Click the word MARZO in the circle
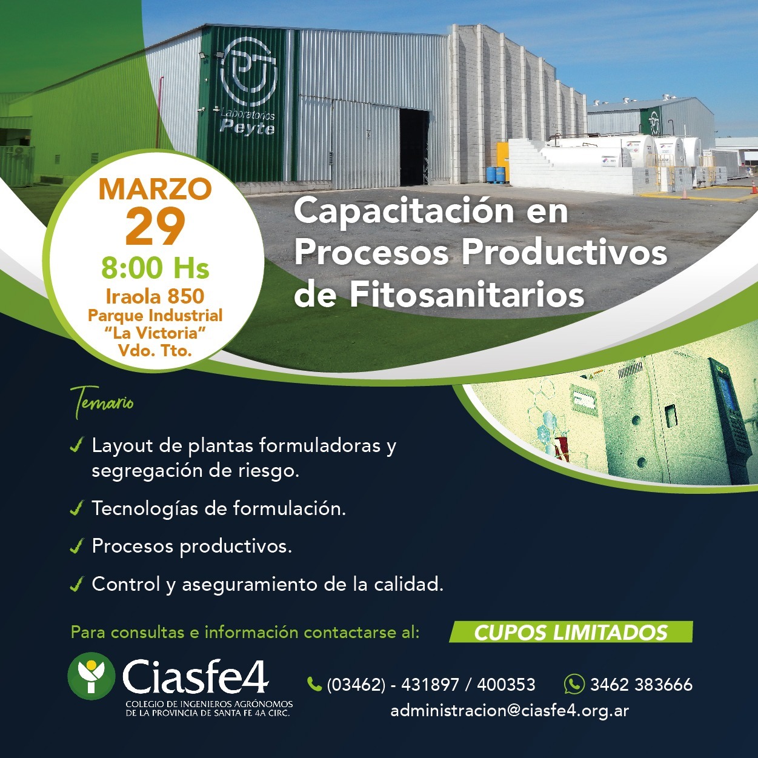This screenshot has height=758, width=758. pos(155,189)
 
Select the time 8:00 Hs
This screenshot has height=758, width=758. pos(155,268)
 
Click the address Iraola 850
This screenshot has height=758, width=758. pos(155,296)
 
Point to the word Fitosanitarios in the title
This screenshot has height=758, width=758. pos(467,294)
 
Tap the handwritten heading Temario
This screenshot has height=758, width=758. pos(101,402)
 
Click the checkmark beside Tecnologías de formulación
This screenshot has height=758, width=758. pos(76,508)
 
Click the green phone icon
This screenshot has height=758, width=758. pos(314,684)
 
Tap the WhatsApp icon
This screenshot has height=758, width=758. pos(574,683)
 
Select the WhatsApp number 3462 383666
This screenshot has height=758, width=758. pos(641,685)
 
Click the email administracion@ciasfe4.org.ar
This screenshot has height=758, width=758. pos(510,711)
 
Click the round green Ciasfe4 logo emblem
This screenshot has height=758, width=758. pos(91,676)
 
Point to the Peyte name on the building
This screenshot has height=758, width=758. pos(247,128)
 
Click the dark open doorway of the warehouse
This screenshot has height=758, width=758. pos(414,147)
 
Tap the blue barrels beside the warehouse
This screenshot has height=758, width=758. pos(496,175)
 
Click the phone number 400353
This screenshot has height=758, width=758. pos(506,685)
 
